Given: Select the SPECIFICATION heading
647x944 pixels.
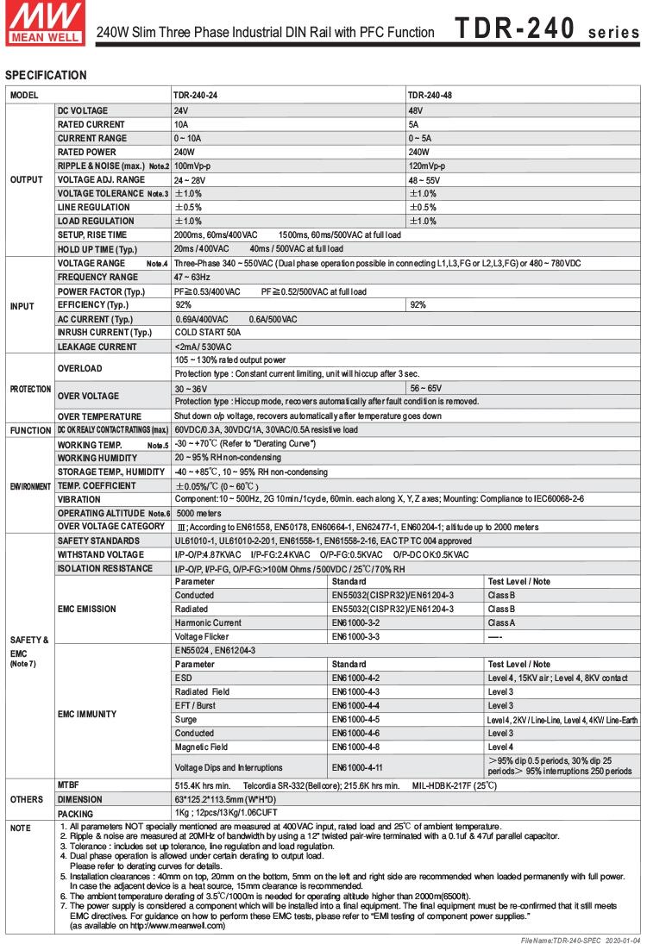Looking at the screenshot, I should point(46,75).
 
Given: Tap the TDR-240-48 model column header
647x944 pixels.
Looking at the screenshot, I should point(430,94).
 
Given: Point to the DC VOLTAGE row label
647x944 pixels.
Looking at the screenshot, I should point(83,111).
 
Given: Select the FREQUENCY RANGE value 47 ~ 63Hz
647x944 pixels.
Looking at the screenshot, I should point(192,277).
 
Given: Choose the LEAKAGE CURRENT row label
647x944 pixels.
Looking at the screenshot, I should point(97,347).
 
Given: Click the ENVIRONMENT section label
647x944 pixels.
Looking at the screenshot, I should point(30,486).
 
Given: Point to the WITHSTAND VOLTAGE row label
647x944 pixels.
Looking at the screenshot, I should point(101,554).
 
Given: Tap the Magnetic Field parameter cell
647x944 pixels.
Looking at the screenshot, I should point(201,747).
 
